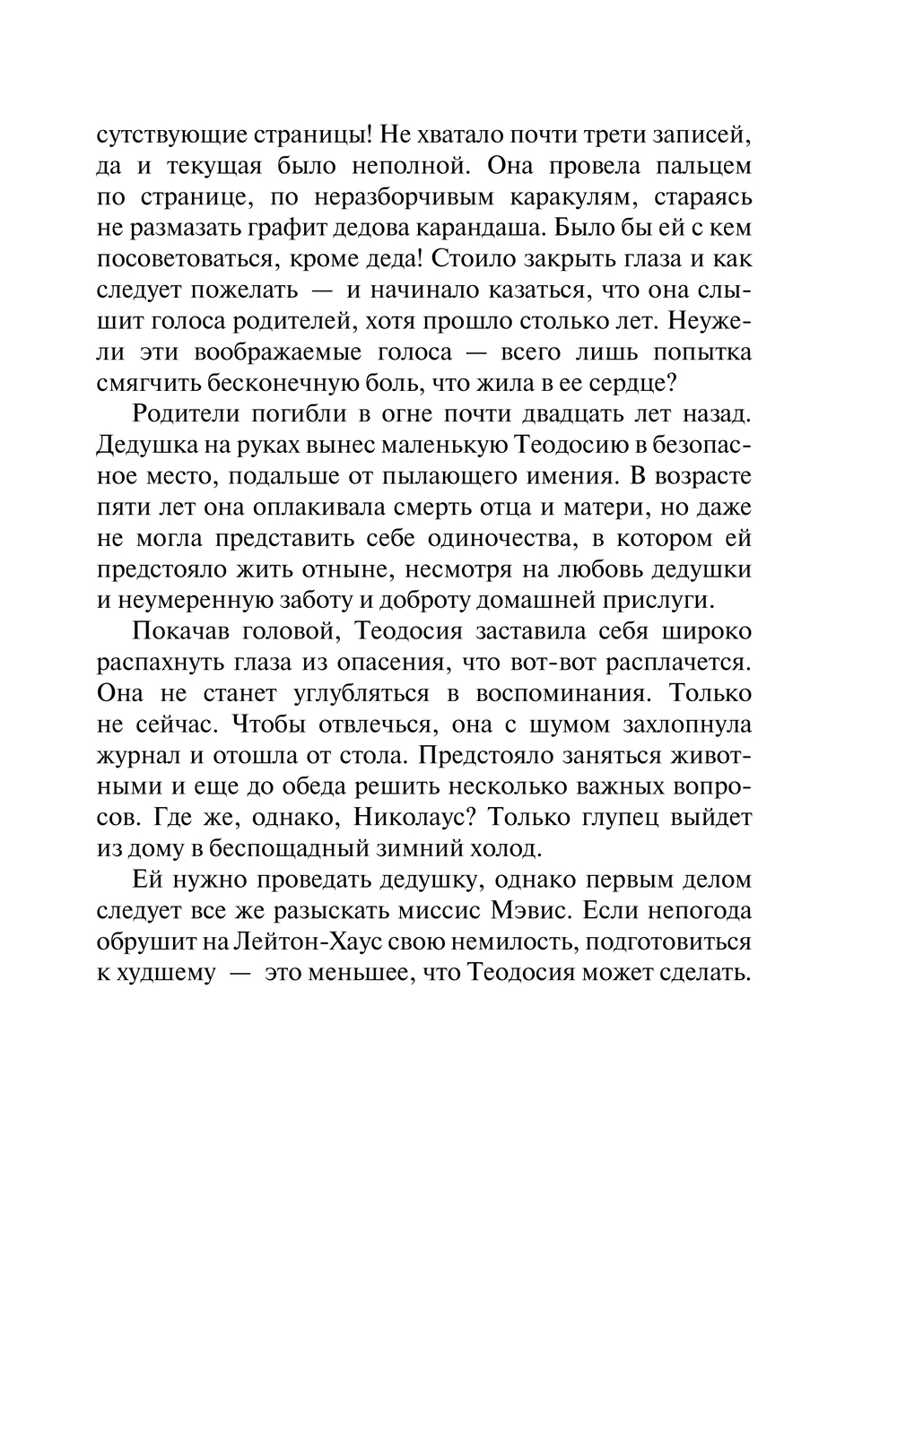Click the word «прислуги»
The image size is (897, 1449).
(679, 600)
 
